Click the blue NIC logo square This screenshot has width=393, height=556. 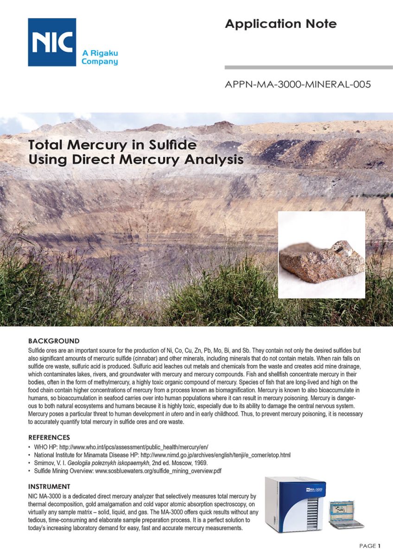pos(52,42)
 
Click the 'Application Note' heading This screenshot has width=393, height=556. pos(281,24)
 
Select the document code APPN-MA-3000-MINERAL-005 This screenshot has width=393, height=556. pos(298,85)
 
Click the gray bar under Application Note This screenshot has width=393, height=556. pos(308,68)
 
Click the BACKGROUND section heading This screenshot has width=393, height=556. pos(54,341)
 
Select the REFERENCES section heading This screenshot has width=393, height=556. pos(49,437)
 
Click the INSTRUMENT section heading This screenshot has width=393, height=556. pos(49,486)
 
